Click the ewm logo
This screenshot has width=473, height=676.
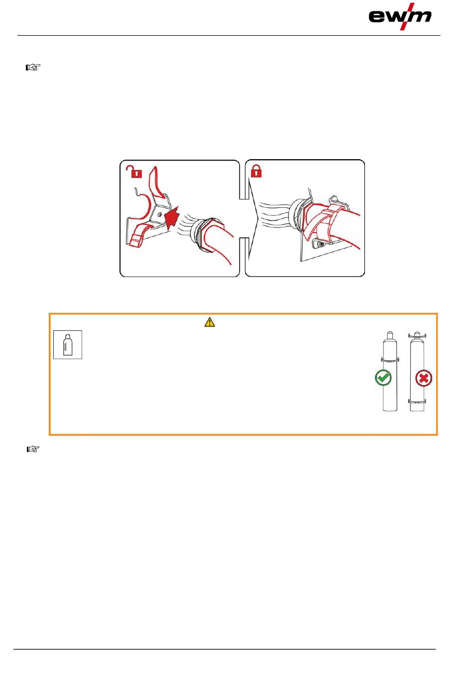pyautogui.click(x=400, y=16)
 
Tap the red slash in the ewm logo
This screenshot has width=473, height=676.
pyautogui.click(x=407, y=16)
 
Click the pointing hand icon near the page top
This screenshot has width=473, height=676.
pyautogui.click(x=33, y=67)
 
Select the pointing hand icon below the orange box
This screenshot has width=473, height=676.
pyautogui.click(x=33, y=449)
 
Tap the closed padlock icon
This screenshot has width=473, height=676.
pyautogui.click(x=256, y=171)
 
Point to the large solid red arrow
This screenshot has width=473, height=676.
pyautogui.click(x=172, y=217)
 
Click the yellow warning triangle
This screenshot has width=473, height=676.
pyautogui.click(x=210, y=322)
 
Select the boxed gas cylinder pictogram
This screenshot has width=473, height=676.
pyautogui.click(x=68, y=345)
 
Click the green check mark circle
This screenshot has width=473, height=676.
pyautogui.click(x=383, y=378)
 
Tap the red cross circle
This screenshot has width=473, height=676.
pyautogui.click(x=424, y=378)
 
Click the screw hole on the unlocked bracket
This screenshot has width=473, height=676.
pyautogui.click(x=159, y=215)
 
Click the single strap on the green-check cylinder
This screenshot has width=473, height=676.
pyautogui.click(x=390, y=360)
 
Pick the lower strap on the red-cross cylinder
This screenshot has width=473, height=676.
pyautogui.click(x=417, y=401)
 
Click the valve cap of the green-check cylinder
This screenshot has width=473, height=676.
pyautogui.click(x=390, y=335)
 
